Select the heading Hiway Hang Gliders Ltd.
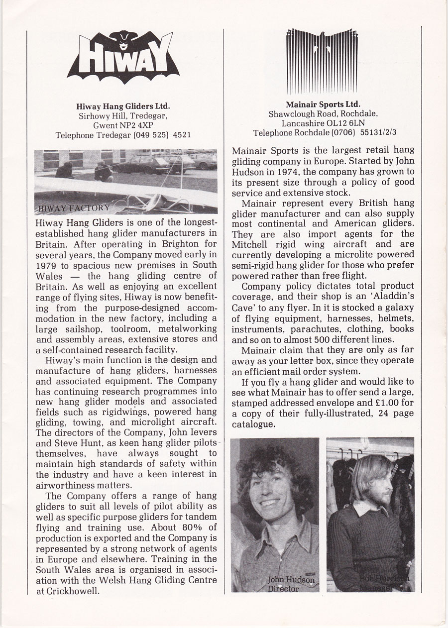point(123,105)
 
